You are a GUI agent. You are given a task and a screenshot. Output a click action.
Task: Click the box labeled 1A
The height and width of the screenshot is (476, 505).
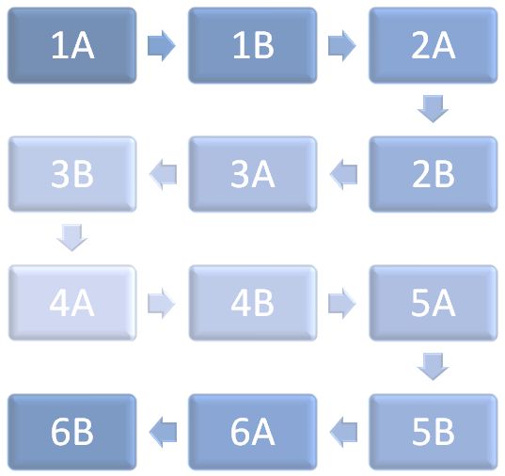click(72, 45)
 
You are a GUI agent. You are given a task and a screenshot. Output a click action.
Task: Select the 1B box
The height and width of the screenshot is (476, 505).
click(252, 45)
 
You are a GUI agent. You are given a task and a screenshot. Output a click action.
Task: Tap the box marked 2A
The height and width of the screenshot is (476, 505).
click(434, 45)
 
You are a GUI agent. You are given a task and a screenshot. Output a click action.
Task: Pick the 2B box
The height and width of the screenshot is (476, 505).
click(434, 174)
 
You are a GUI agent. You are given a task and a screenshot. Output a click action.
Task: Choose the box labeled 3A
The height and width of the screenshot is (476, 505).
click(252, 174)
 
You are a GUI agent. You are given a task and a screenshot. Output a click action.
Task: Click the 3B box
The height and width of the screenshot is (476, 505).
click(72, 174)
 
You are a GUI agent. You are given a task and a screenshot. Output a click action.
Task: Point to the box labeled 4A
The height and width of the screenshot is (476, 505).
click(72, 303)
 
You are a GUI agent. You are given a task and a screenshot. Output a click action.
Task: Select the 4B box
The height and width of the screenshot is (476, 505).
click(252, 303)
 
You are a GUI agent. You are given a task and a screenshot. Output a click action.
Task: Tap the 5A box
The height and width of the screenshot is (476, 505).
click(434, 303)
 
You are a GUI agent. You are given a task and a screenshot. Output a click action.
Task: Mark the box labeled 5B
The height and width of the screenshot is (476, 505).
click(434, 432)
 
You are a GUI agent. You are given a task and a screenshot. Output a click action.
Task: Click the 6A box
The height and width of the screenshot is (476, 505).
click(252, 432)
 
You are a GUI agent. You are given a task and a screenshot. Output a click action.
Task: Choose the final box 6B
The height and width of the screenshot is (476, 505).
click(72, 432)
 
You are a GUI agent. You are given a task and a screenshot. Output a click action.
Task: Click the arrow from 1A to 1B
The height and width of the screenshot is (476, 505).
click(162, 46)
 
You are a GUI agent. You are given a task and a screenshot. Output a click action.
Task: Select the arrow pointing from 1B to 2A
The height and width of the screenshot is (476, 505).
click(342, 46)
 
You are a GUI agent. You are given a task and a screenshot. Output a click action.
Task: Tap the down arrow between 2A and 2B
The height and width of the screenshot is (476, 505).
click(433, 109)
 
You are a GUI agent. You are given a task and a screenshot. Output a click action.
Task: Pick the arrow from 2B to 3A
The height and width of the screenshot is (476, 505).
click(343, 174)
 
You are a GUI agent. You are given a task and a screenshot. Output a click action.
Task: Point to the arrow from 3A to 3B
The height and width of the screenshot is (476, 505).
click(163, 174)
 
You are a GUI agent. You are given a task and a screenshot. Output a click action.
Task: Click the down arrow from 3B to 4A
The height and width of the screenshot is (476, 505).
click(72, 238)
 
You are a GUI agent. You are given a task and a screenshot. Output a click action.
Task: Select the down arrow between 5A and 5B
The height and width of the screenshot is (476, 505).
click(433, 367)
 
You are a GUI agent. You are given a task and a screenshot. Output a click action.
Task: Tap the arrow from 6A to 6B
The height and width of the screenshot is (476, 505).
click(163, 432)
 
